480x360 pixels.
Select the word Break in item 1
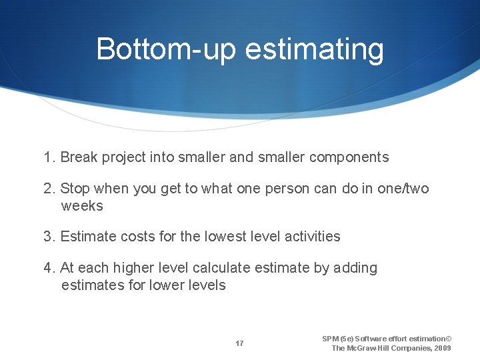pyautogui.click(x=78, y=158)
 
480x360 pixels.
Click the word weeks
pyautogui.click(x=82, y=206)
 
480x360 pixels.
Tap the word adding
pyautogui.click(x=355, y=268)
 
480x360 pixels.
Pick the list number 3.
pyautogui.click(x=48, y=237)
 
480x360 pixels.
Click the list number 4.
pyautogui.click(x=48, y=268)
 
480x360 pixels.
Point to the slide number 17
pyautogui.click(x=239, y=343)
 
